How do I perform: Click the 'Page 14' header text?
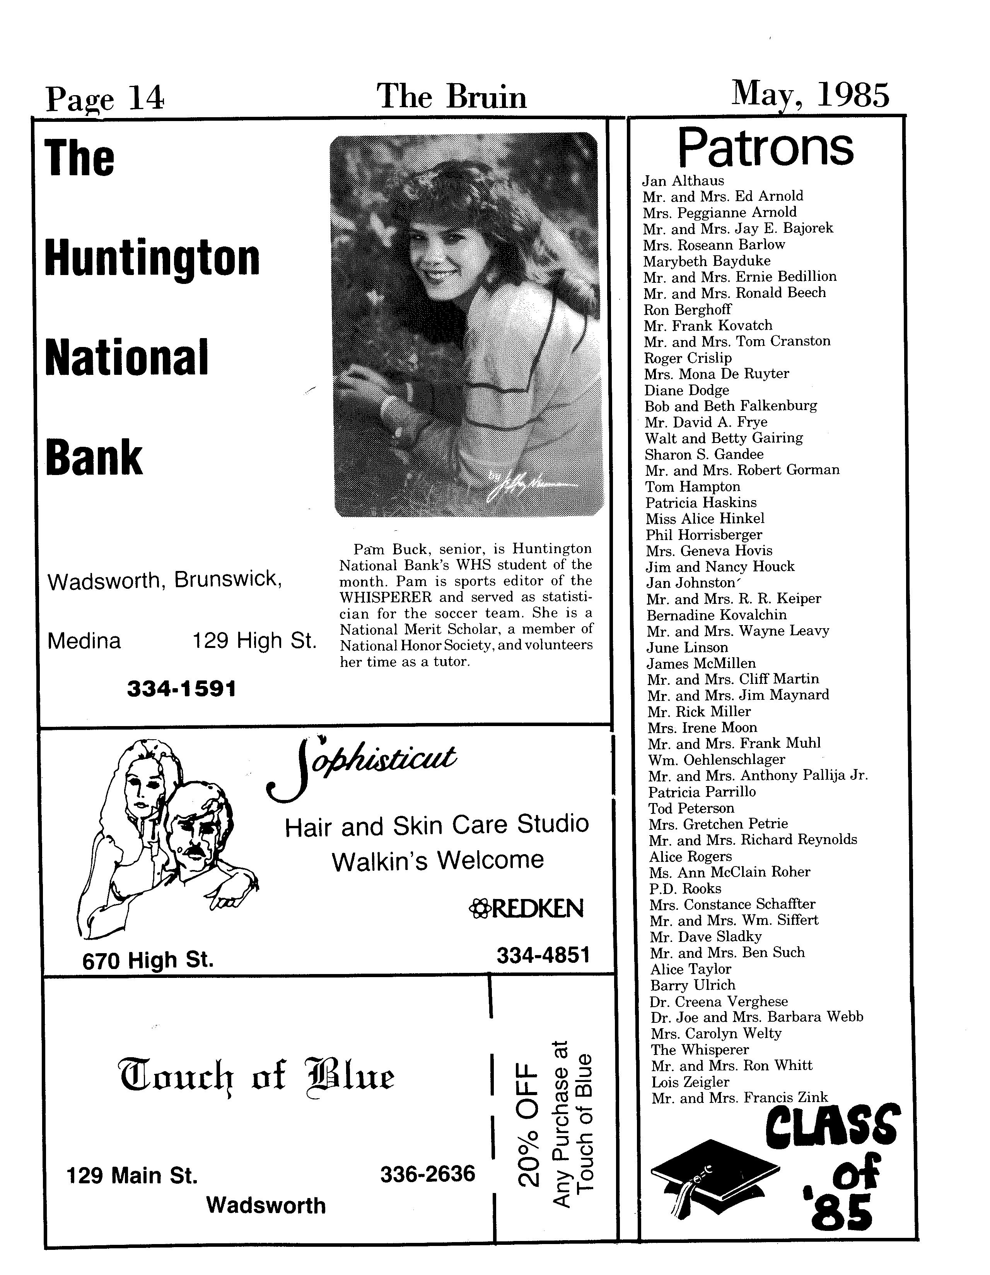click(x=105, y=98)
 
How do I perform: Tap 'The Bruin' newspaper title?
click(x=452, y=96)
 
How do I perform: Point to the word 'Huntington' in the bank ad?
click(x=152, y=259)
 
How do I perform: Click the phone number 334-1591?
click(x=181, y=689)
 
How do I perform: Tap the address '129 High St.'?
click(x=254, y=641)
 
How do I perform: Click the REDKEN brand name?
click(x=527, y=908)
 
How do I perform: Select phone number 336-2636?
click(x=428, y=1173)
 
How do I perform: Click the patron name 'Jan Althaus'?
click(x=683, y=181)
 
